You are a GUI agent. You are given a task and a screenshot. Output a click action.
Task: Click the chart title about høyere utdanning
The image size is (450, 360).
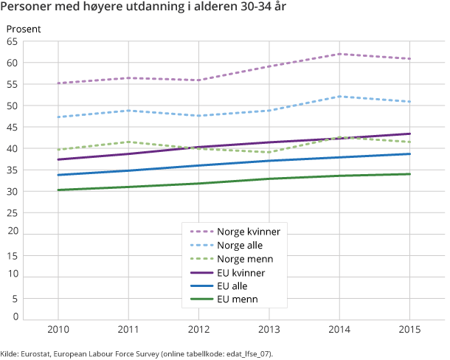[144, 10]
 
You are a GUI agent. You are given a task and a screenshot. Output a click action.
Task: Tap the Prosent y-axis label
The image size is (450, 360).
[24, 30]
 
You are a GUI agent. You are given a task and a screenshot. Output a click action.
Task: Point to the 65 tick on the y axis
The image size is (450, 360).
[13, 42]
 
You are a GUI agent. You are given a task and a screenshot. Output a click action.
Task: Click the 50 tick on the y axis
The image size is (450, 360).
[13, 106]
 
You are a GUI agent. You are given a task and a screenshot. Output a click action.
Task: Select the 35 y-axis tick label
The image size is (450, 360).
[13, 170]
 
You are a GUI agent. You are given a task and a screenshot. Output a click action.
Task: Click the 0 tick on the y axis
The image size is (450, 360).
[15, 316]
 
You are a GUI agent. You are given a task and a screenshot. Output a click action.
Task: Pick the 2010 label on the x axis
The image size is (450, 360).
[58, 329]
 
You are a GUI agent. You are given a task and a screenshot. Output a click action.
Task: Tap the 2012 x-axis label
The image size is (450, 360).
[198, 329]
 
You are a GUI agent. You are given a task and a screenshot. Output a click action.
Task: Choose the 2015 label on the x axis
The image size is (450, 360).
[409, 329]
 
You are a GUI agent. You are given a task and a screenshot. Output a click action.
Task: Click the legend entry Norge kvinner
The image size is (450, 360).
[248, 232]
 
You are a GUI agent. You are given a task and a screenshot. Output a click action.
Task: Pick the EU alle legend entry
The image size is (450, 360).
[233, 285]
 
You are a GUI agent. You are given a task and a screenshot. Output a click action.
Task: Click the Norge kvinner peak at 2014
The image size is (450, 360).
[339, 54]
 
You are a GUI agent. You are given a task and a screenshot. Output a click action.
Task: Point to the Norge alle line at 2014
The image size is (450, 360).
[339, 97]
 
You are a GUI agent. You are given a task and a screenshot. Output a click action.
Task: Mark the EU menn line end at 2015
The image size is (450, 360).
[409, 174]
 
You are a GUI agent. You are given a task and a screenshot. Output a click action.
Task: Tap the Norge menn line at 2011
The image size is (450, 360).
[128, 142]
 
